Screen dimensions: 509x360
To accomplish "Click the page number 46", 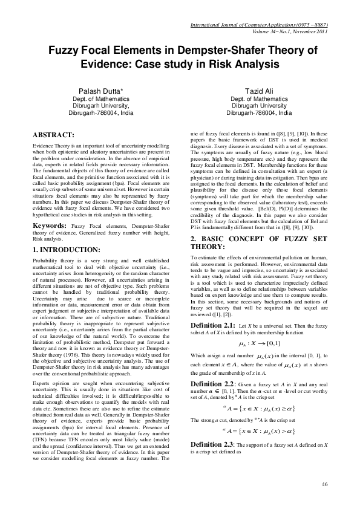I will click(324, 484).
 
